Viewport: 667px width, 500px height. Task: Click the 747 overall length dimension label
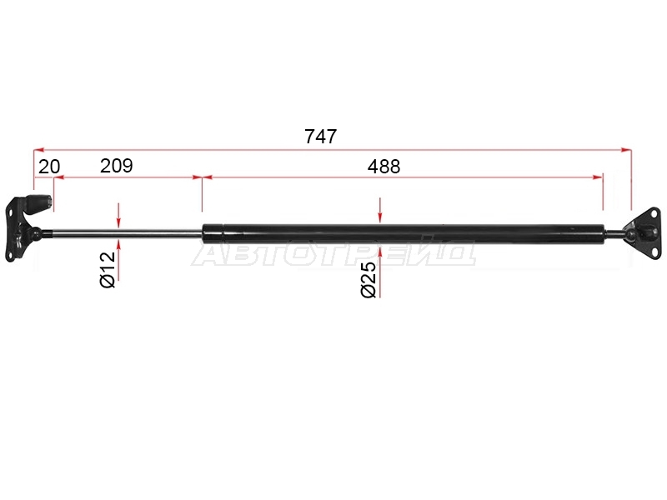[321, 137]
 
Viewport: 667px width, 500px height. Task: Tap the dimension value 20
[49, 167]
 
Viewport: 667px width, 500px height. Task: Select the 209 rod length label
[117, 165]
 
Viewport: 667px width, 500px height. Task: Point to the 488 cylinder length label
[384, 166]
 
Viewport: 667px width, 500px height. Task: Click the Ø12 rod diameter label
[108, 269]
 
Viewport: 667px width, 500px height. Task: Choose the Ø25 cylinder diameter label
[369, 279]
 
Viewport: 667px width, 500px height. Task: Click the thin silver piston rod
[122, 232]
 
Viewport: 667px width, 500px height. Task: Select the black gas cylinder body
[404, 234]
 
